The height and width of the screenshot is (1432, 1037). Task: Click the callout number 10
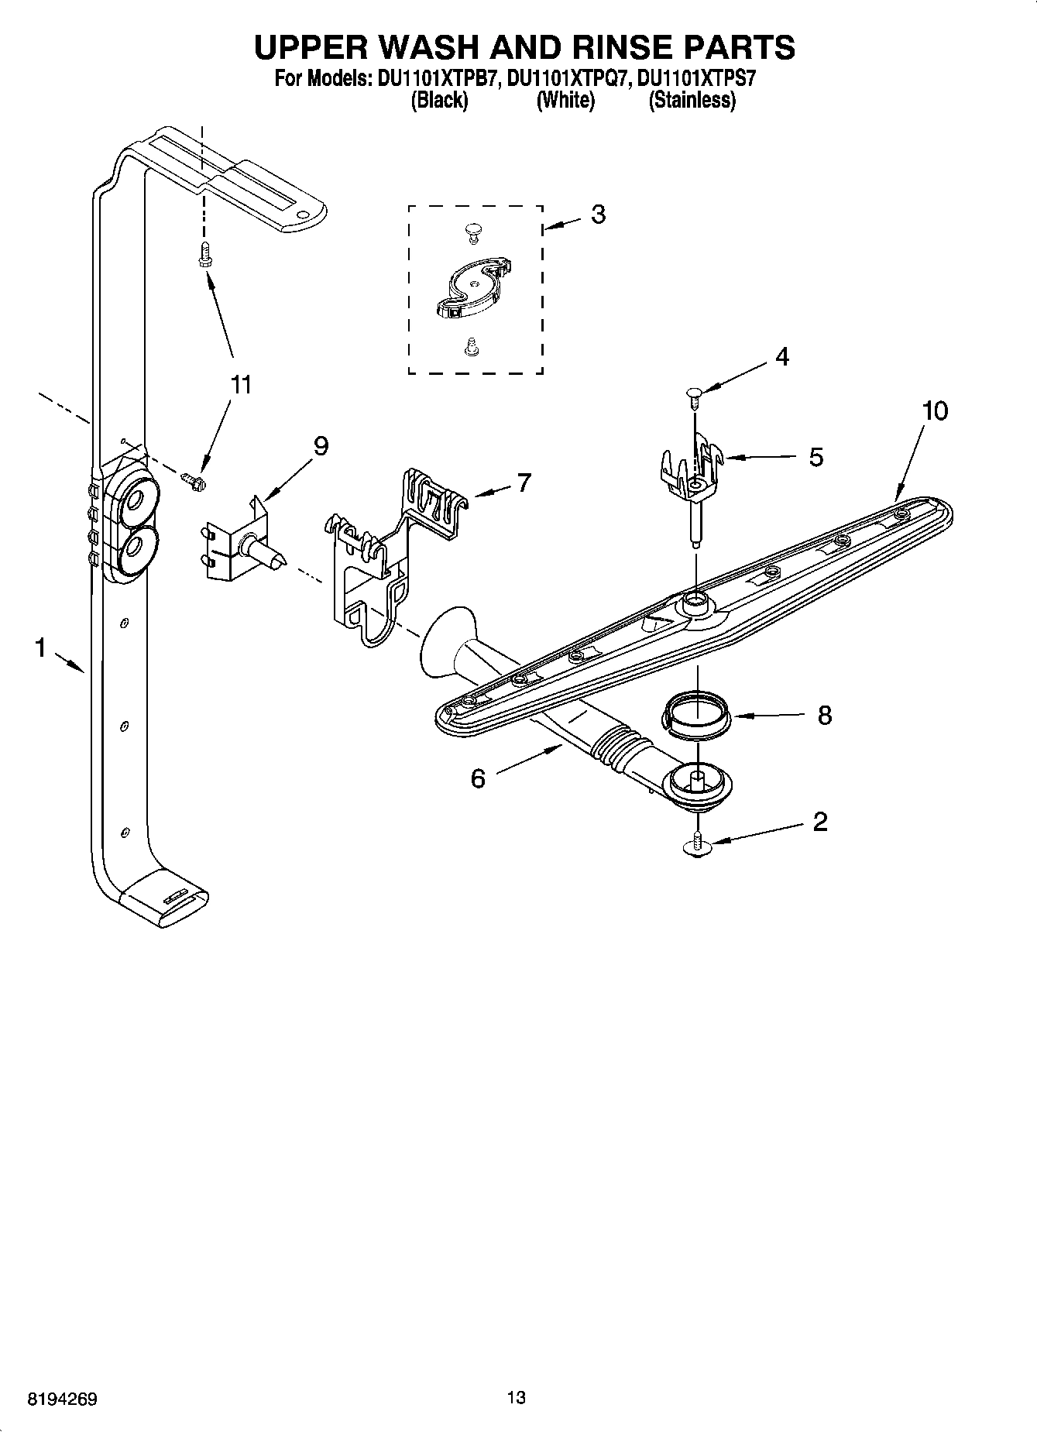[x=935, y=410]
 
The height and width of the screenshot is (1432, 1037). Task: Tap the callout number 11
[x=241, y=384]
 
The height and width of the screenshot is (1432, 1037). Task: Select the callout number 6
[x=478, y=778]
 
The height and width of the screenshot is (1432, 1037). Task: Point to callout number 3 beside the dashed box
[x=598, y=215]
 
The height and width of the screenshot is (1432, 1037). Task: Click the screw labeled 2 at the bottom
[x=698, y=844]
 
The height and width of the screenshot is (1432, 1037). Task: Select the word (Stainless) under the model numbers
[x=692, y=100]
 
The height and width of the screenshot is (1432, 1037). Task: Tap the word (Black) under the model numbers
[x=439, y=100]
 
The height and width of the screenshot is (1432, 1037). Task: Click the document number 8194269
[x=62, y=1399]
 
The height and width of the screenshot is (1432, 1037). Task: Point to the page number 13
[x=516, y=1398]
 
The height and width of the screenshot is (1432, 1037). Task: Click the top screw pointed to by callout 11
[x=204, y=254]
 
